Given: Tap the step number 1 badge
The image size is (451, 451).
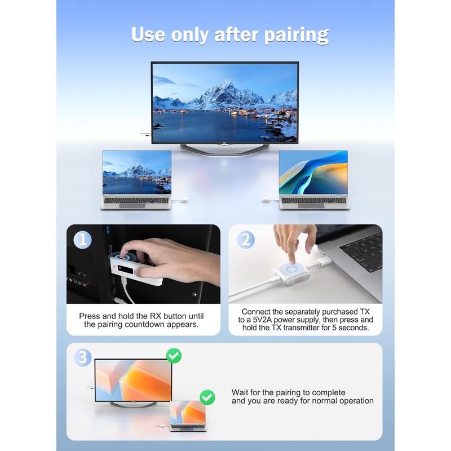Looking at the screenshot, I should coord(82,240).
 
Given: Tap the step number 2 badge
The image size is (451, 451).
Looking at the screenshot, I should coord(245,240).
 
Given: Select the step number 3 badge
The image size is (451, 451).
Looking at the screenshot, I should coord(82,357).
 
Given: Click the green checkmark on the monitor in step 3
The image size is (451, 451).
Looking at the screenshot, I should coord(174,355).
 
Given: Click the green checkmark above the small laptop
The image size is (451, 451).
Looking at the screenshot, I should coord(207,397).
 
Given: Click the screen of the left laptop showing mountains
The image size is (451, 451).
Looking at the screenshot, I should coord(136,172).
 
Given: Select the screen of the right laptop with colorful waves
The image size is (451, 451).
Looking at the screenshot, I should coord(313,172).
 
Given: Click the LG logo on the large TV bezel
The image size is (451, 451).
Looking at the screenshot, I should coord(224,143).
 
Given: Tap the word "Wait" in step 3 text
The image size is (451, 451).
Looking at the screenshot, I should coord(240,392).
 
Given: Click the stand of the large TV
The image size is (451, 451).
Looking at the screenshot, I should coord(224,148).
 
